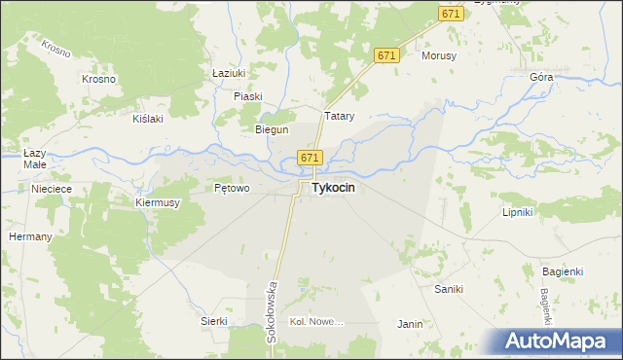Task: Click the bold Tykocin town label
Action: (332, 189)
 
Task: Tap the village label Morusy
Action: (439, 55)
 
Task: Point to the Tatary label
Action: (338, 116)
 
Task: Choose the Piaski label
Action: (248, 95)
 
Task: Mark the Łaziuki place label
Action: (228, 73)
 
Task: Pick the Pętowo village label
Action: (232, 188)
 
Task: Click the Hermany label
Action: (29, 236)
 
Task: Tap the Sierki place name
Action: (213, 321)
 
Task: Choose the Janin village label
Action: (410, 324)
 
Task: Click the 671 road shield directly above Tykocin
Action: (310, 158)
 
